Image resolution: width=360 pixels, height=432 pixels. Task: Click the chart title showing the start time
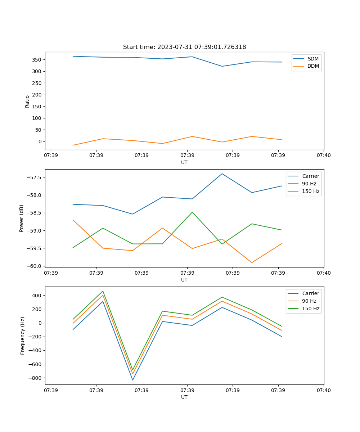click(x=184, y=47)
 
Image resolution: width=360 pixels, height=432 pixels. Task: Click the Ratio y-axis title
click(x=27, y=101)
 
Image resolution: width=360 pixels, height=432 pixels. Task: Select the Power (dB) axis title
click(x=22, y=218)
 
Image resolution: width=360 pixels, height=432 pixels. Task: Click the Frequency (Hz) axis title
click(x=23, y=336)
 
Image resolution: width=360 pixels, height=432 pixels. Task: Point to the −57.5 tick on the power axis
click(x=35, y=177)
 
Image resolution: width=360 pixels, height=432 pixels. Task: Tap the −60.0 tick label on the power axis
click(x=35, y=266)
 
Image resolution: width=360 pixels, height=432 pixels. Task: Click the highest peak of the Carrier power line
click(x=222, y=174)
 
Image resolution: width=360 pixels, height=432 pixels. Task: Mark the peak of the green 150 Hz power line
click(x=192, y=212)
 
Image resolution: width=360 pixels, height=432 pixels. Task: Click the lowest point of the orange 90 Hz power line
click(x=252, y=262)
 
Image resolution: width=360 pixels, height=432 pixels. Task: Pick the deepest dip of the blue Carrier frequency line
click(x=132, y=380)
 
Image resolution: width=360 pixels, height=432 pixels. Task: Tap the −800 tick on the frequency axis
click(x=36, y=378)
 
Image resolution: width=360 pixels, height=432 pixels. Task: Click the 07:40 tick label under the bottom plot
click(x=324, y=390)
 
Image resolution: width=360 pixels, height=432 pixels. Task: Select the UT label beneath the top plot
click(x=184, y=162)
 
